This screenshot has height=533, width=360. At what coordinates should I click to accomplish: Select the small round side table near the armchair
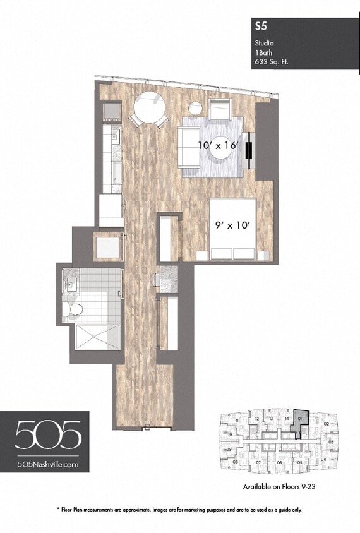click(x=196, y=108)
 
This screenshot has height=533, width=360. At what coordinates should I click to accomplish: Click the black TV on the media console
click(x=250, y=150)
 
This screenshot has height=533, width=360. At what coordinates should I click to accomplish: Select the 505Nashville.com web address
click(x=48, y=464)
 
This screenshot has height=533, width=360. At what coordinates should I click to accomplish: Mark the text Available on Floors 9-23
click(x=279, y=487)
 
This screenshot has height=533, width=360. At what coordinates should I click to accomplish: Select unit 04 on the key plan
click(x=324, y=459)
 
